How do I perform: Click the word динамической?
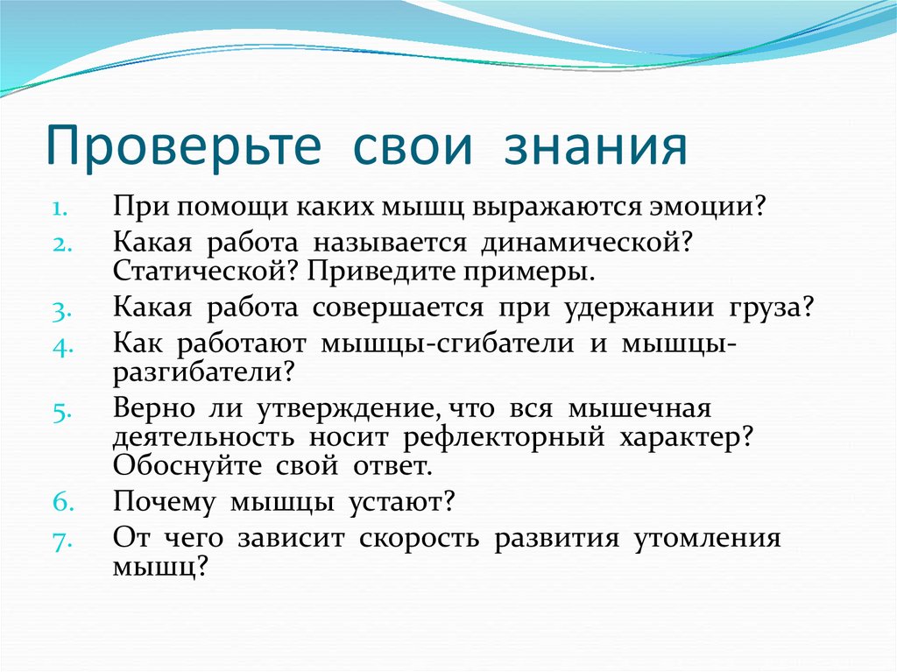(x=585, y=243)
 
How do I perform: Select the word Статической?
(x=207, y=271)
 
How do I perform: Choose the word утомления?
(x=707, y=537)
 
